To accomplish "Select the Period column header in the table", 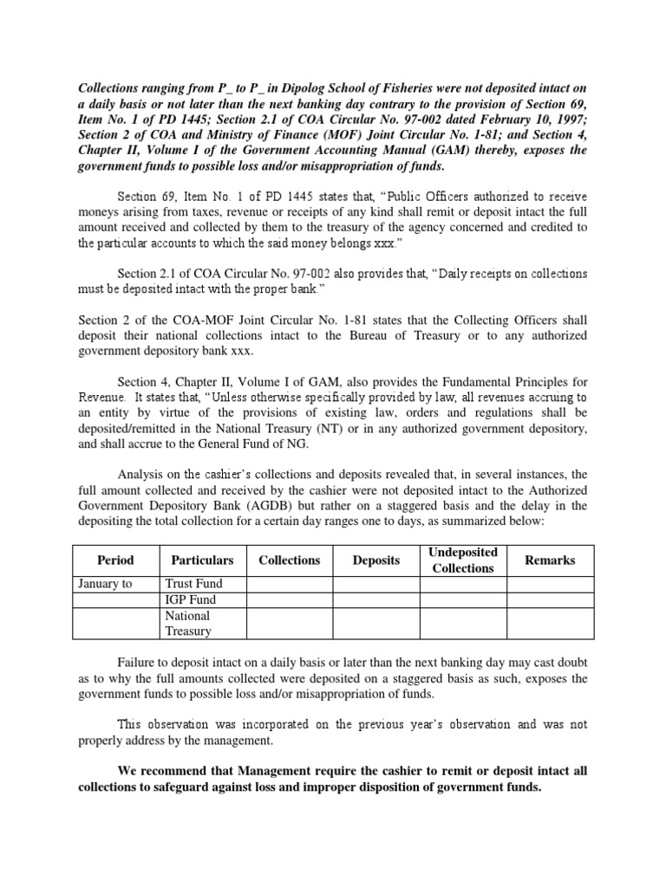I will [115, 560].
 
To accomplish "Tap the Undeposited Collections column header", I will [463, 560].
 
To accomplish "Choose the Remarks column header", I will [550, 560].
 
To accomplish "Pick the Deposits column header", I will [376, 560].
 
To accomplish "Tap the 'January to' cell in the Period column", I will [105, 584].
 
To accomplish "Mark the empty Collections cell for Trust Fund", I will [290, 584].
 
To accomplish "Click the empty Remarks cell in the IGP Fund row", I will [550, 599].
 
